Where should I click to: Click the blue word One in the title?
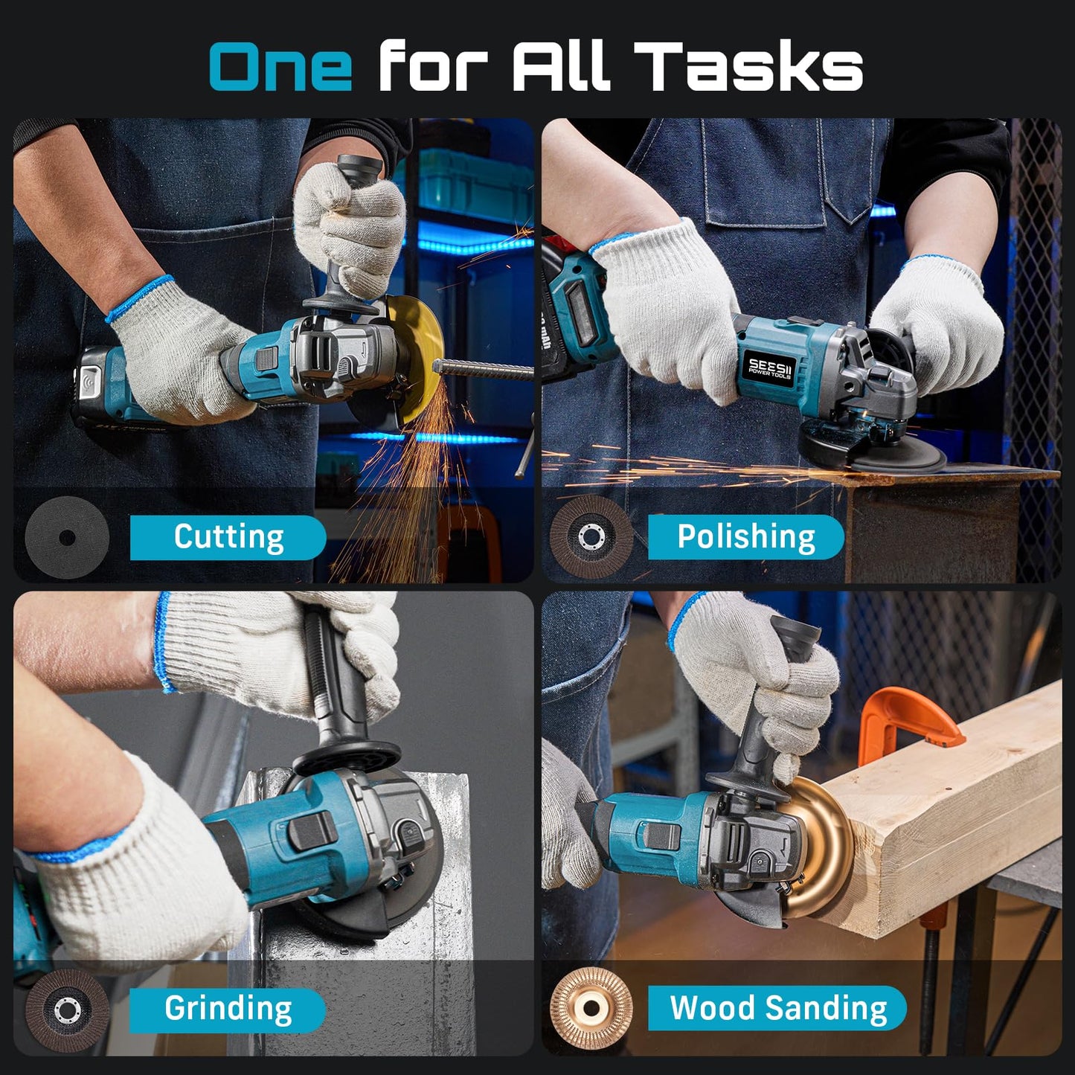click(280, 66)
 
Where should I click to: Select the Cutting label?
click(228, 537)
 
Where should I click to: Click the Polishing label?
click(745, 537)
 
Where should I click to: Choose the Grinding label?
click(228, 1010)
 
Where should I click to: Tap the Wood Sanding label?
click(777, 1009)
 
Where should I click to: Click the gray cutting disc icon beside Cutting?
click(66, 537)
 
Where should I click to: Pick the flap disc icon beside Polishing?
click(591, 536)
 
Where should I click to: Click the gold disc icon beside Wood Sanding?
click(591, 1009)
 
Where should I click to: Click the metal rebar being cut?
click(484, 368)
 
